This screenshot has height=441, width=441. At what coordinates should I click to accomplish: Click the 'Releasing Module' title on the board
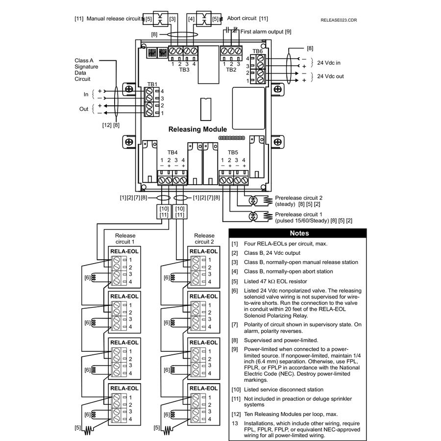point(197,129)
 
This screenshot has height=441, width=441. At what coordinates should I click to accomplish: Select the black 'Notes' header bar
point(297,233)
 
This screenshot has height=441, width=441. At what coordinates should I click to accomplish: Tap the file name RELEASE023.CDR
point(339,20)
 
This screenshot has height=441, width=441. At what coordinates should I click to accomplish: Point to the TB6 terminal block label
point(257,51)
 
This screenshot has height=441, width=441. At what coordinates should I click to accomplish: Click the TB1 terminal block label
point(152,84)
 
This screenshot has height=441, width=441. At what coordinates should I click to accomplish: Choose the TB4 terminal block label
point(172,152)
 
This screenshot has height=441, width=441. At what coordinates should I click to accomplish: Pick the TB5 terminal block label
point(233,152)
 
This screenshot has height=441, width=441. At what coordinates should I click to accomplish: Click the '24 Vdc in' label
point(328,63)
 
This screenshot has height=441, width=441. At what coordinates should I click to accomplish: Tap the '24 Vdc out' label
point(330,76)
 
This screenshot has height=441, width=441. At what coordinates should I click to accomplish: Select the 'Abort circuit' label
point(242,18)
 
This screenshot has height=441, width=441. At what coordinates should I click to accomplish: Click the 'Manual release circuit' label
point(113,19)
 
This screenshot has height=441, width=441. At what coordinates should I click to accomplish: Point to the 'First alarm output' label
point(262,32)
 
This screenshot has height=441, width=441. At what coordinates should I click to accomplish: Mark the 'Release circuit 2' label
point(204,239)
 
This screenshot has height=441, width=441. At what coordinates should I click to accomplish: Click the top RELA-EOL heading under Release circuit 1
point(124,251)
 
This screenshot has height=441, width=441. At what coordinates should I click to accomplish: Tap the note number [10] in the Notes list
point(236,390)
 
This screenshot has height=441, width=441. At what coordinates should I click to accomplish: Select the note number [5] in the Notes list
point(235,281)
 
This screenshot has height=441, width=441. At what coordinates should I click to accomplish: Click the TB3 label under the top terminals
point(184,70)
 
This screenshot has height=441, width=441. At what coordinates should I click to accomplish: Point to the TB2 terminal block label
point(231,70)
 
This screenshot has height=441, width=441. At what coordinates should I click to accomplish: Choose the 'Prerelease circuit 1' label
point(298,214)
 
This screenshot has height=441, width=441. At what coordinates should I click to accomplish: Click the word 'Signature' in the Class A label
point(86,67)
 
